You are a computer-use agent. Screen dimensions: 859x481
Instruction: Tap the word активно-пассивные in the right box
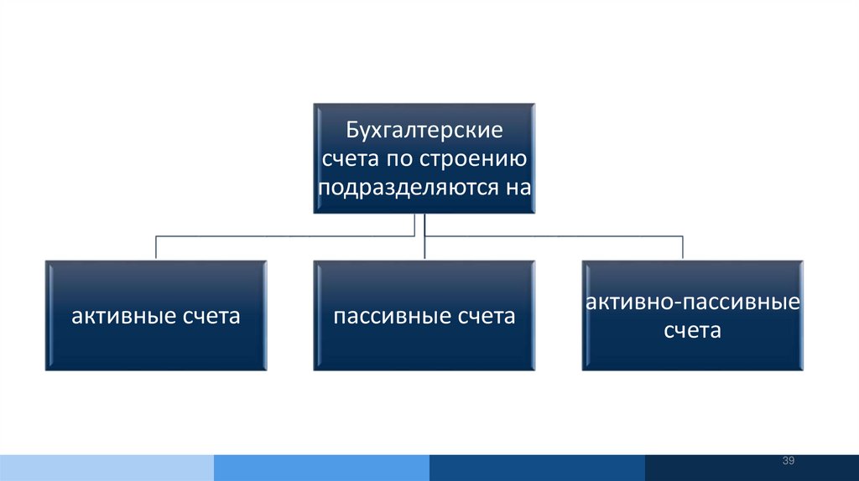pos(692,302)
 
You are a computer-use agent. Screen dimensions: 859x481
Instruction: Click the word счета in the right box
pos(693,330)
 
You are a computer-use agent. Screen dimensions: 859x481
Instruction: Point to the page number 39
pos(788,462)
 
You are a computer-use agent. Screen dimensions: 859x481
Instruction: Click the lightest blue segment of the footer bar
pos(107,468)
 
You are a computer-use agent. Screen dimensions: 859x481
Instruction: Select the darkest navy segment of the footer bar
pos(752,468)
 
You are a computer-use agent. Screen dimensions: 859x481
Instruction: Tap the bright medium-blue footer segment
pos(321,468)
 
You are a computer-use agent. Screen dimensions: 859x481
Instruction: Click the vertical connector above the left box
pos(156,247)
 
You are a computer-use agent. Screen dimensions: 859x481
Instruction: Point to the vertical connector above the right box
pos(683,247)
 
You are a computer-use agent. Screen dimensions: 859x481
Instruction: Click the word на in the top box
pos(516,185)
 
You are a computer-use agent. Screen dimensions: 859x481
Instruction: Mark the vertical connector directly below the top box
pos(424,236)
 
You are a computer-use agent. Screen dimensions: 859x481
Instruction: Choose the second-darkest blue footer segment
pos(537,468)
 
